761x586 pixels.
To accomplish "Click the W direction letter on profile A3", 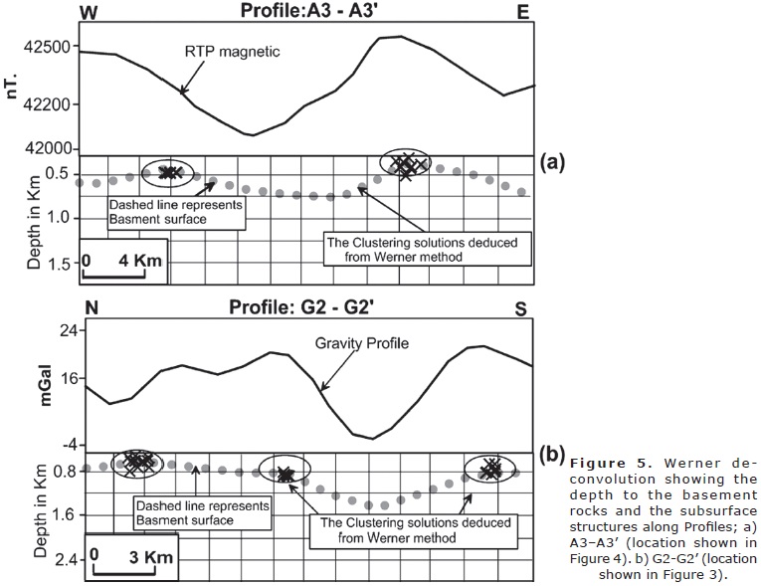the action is [89, 12].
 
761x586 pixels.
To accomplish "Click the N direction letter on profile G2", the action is [91, 309].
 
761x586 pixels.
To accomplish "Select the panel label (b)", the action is [553, 456].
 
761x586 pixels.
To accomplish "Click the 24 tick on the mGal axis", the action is [58, 332].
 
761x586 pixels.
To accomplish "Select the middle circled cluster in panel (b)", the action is [285, 472].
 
